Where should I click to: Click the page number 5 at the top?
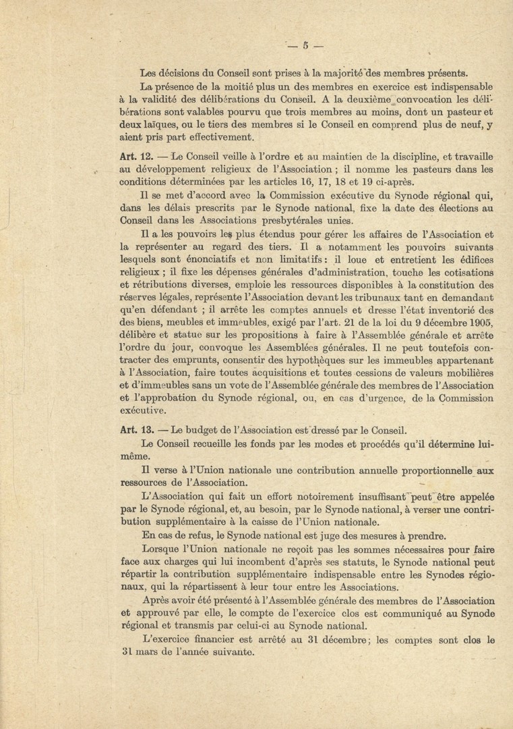(x=305, y=46)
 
